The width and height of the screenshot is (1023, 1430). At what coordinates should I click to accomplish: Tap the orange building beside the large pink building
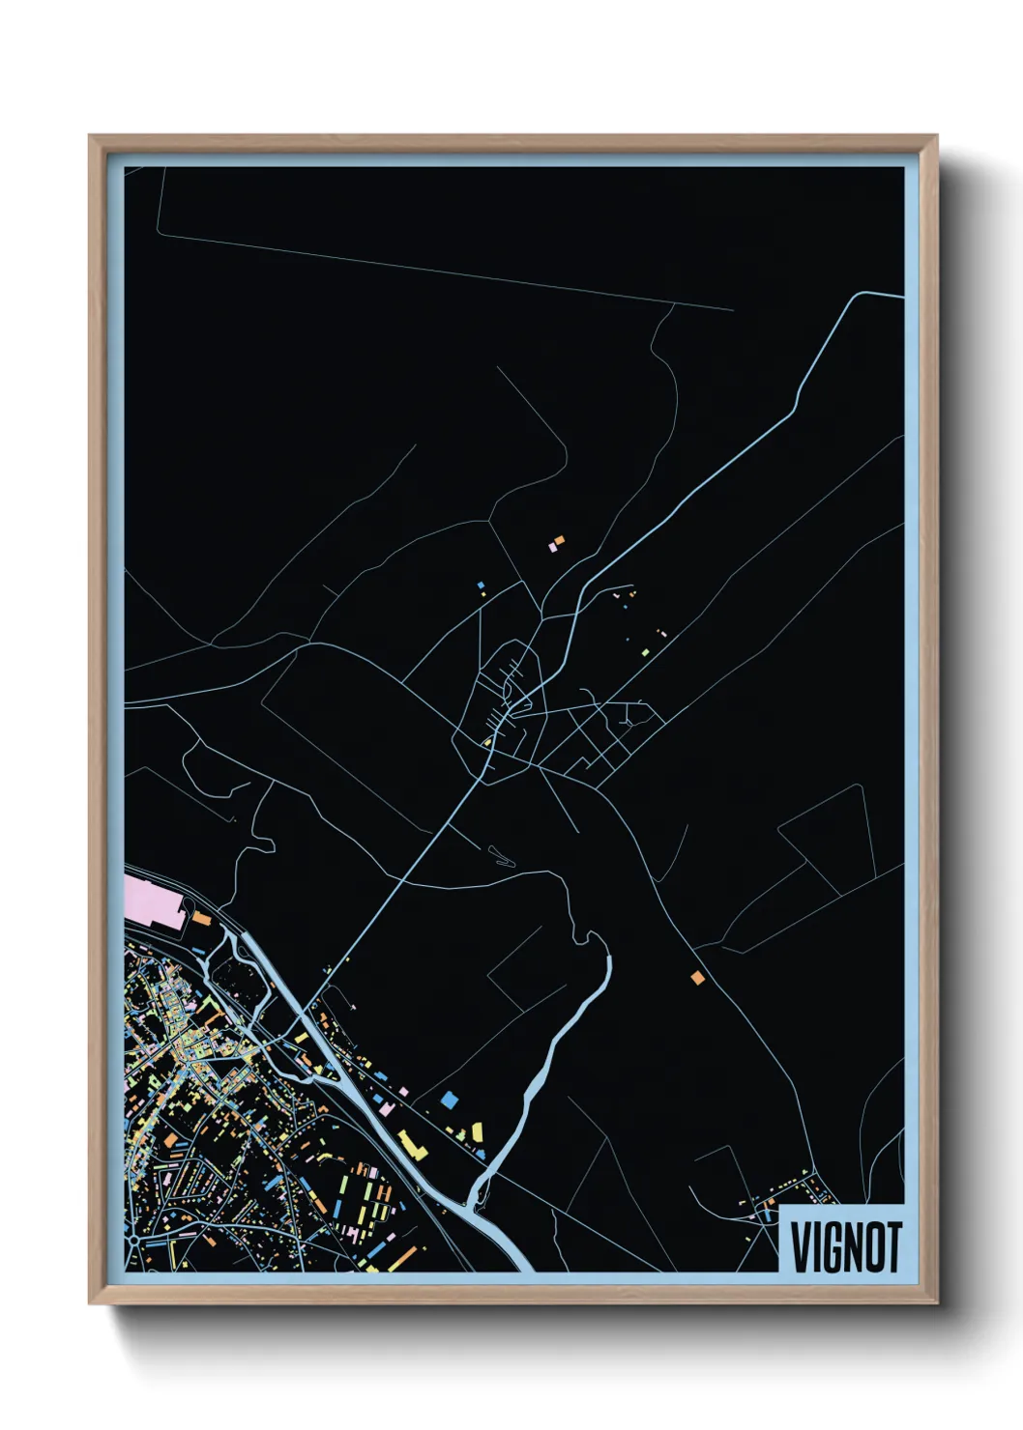(201, 918)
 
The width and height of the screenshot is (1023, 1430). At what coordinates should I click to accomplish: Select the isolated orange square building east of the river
(697, 978)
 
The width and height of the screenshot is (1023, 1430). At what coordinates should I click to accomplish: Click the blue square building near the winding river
(448, 1099)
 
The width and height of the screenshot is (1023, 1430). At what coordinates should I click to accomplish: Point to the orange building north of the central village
(559, 540)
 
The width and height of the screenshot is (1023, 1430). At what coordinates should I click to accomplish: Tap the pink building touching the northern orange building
(552, 547)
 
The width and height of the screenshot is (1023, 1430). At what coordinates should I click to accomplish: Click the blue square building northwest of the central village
(480, 585)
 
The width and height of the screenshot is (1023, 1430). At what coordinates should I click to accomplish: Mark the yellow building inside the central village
(489, 741)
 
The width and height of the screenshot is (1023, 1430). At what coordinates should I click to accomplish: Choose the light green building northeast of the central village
(645, 652)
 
